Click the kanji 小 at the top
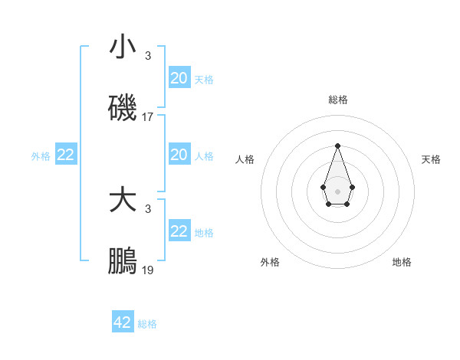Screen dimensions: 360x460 pos(123,47)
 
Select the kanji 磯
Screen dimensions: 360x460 pos(123,109)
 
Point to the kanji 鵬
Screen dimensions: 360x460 pos(123,262)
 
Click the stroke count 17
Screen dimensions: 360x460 pos(148,118)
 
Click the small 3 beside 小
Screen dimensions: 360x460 pos(148,56)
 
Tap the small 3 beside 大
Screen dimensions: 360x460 pos(148,209)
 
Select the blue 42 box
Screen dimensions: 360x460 pos(123,322)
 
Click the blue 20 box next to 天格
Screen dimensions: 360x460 pos(179,78)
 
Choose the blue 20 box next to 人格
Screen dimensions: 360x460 pos(179,155)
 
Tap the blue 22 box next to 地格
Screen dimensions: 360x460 pos(179,232)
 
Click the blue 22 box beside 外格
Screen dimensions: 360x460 pos(65,155)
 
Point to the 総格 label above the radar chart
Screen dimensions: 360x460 pos(337,100)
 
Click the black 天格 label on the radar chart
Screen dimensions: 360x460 pos(431,159)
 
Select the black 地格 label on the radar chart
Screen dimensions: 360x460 pos(402,262)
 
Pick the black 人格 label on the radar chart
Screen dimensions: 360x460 pos(245,159)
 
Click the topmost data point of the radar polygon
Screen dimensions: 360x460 pos(337,145)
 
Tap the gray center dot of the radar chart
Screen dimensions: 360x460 pos(337,190)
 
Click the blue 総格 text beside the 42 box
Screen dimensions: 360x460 pos(147,324)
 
